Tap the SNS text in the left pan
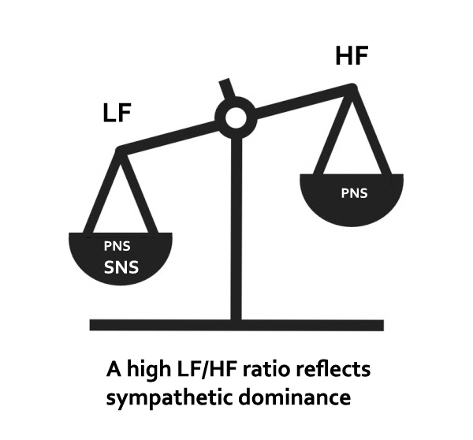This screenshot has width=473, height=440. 121,267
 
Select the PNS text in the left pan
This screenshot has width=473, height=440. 118,245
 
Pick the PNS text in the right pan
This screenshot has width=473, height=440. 354,192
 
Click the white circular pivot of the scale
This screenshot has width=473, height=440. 234,119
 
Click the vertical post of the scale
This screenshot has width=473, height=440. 234,229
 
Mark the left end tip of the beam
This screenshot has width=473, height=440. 118,149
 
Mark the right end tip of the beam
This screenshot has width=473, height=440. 353,89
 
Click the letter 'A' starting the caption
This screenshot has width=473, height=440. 113,370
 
